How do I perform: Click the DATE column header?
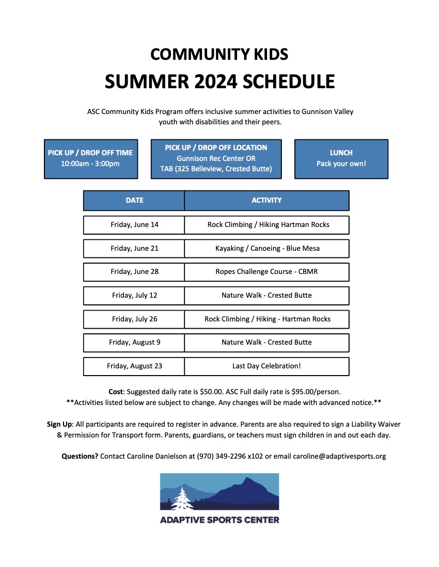point(134,200)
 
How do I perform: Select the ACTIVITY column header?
point(266,200)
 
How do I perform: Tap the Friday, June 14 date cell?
point(134,224)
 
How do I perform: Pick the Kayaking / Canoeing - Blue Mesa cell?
point(267,248)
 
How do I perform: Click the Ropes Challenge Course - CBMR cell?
point(267,271)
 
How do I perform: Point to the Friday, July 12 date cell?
point(134,295)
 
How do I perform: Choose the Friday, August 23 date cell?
point(134,366)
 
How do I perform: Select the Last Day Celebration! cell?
point(266,366)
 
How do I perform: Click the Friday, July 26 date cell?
point(134,319)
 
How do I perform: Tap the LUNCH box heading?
point(341,153)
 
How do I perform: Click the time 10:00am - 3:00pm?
point(90,164)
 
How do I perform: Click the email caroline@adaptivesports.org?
point(339,456)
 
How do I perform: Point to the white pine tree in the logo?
point(181,498)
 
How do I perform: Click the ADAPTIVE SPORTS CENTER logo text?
point(219,520)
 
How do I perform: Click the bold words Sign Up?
point(60,424)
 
